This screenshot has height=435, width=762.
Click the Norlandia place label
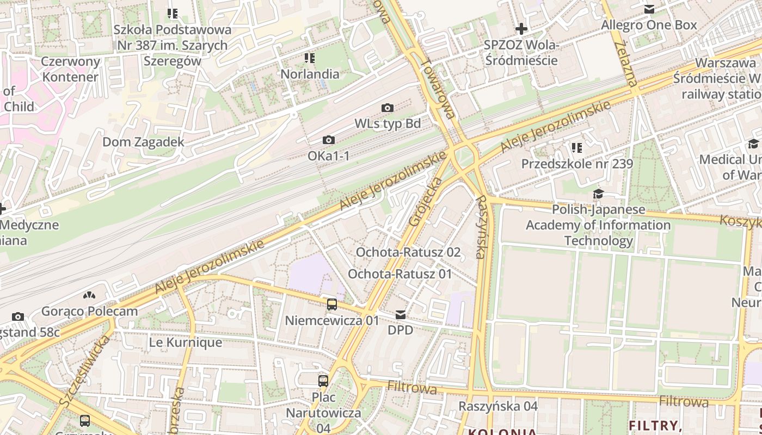click(310, 74)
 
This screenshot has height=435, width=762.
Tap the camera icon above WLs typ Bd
click(388, 108)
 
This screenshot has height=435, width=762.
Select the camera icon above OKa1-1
click(328, 140)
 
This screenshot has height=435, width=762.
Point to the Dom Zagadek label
click(144, 142)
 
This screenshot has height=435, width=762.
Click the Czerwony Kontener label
click(71, 69)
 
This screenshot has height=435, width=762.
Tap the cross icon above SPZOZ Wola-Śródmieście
click(521, 28)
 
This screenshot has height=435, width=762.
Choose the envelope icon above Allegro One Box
click(649, 9)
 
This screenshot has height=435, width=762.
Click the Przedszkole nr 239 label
click(577, 164)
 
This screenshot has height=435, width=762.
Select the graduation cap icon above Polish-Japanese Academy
click(598, 194)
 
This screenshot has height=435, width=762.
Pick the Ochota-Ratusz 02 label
click(408, 252)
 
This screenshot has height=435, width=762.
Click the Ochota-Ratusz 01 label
click(400, 274)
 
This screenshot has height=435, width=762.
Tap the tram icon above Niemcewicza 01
click(332, 304)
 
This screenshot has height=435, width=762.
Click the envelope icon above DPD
click(401, 315)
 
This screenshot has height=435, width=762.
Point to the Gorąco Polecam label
click(90, 312)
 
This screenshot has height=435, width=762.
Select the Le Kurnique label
click(186, 343)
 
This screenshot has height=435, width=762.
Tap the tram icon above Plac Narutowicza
click(323, 381)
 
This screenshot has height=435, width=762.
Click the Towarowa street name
click(438, 88)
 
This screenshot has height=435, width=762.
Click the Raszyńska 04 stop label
click(498, 406)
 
